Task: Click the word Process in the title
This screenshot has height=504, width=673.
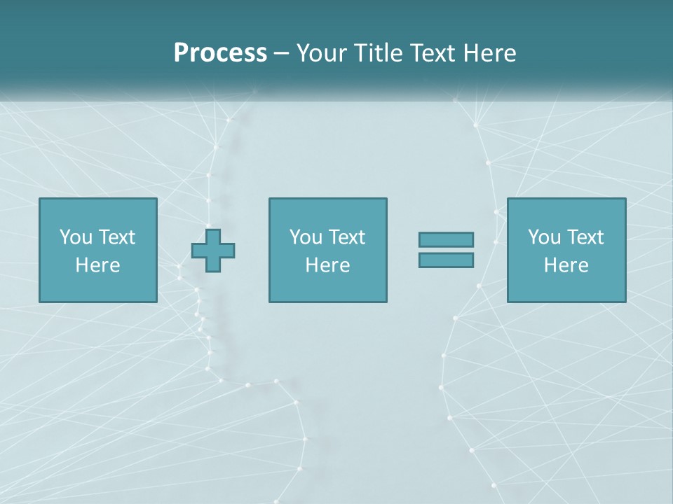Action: tap(220, 53)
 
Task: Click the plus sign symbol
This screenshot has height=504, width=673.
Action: tap(213, 251)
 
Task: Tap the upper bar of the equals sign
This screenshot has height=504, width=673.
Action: tap(446, 239)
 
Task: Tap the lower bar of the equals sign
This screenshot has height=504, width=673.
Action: tap(446, 260)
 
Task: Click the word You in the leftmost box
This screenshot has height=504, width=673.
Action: tap(76, 237)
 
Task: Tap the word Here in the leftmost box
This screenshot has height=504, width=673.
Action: tap(98, 265)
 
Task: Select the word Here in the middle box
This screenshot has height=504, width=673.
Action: tap(327, 265)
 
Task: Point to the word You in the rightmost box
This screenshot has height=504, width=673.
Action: tap(544, 237)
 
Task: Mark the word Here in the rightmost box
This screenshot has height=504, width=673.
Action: tap(566, 265)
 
